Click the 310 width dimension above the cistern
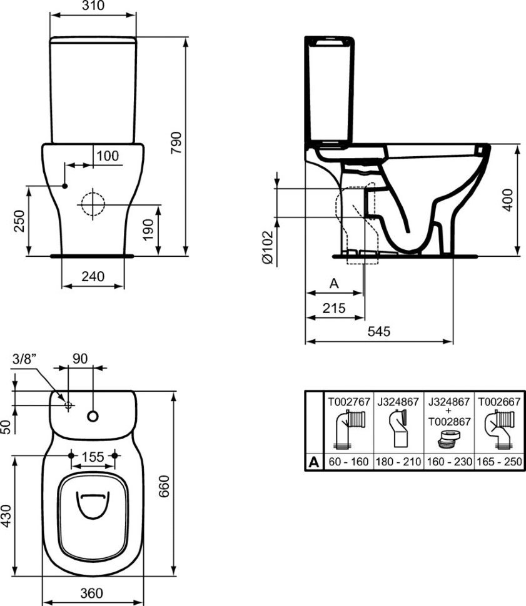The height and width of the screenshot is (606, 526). (94, 6)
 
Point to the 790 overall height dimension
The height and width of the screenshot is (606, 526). (176, 142)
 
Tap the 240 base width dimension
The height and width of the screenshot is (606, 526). (93, 276)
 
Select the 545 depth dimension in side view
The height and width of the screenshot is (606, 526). (379, 331)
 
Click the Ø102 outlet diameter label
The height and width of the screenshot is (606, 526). (268, 247)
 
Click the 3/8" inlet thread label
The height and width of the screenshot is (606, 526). (24, 359)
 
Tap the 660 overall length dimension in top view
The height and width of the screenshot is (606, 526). (164, 486)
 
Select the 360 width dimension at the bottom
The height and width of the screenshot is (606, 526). (92, 592)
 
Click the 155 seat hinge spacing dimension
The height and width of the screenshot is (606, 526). (93, 457)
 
